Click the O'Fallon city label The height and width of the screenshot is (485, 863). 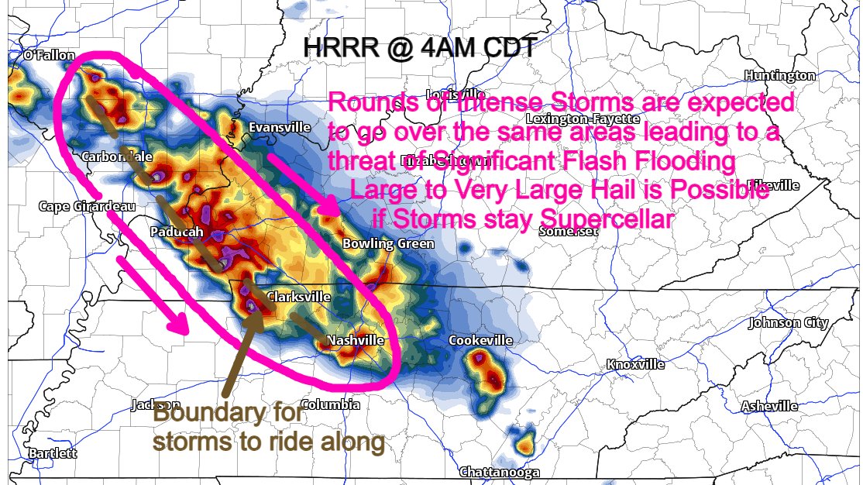pos(49,55)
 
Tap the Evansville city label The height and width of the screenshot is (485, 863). pos(280,127)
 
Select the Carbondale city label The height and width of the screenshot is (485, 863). pos(117,157)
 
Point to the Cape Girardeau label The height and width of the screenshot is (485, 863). pos(88,207)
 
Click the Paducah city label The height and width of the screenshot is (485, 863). pos(177,232)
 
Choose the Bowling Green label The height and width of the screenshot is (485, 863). pos(388,244)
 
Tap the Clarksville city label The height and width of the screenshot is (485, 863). pos(298,297)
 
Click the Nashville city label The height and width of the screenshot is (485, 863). pos(356,340)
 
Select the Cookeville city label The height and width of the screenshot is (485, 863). pos(480,341)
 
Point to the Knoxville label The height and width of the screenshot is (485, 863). pos(635,364)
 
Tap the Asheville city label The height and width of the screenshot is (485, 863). pos(769,406)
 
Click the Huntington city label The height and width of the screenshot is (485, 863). pos(779,75)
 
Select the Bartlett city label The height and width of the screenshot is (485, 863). pos(53,453)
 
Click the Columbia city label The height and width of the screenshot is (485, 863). pos(330,404)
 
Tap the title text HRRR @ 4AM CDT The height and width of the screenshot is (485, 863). pos(418,48)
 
